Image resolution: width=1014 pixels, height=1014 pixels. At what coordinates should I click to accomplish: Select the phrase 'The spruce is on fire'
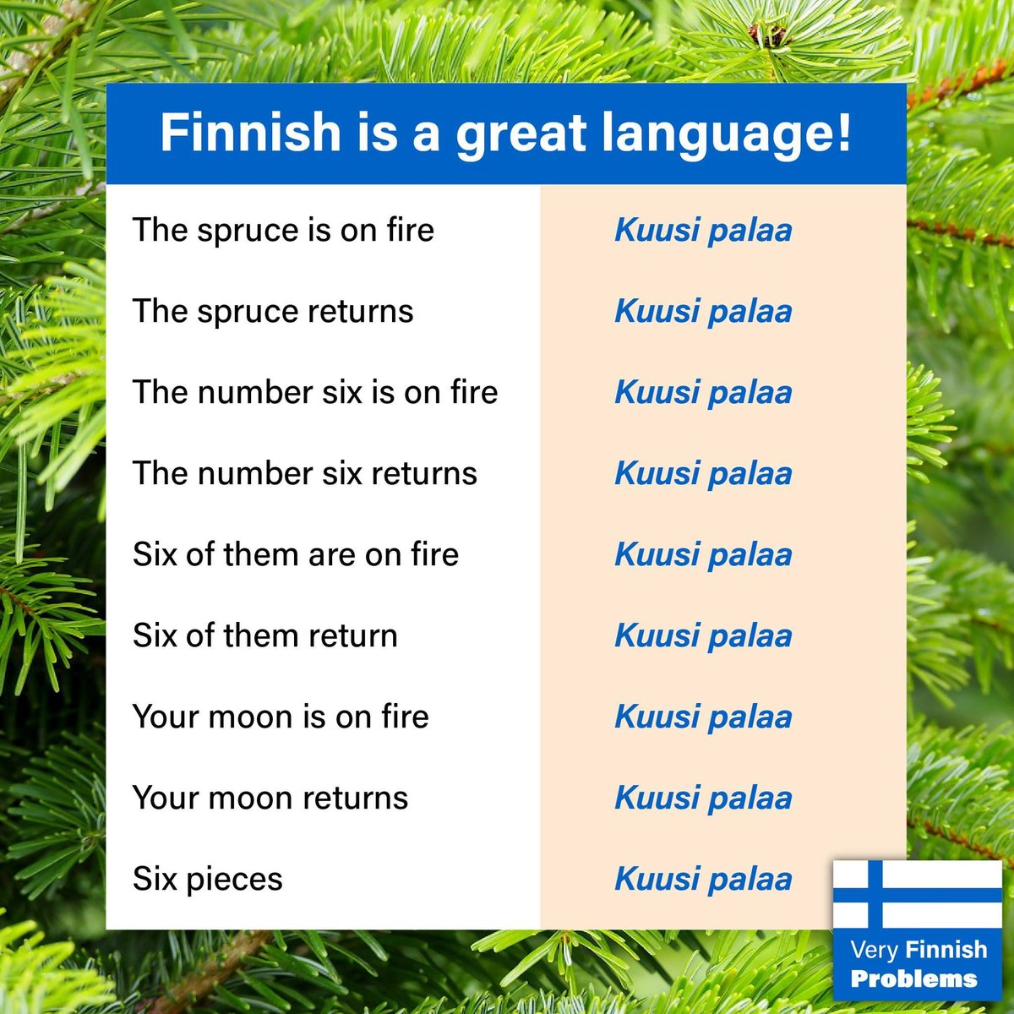(283, 230)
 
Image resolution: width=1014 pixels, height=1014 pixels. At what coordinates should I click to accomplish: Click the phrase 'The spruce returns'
(273, 311)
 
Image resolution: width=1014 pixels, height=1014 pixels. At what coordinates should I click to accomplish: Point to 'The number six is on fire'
(315, 392)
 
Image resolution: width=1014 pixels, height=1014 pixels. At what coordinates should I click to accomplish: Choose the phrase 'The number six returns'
(305, 473)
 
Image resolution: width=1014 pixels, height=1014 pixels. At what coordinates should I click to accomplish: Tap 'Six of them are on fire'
(296, 554)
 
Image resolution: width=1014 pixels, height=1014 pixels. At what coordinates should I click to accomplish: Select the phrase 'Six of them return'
(265, 635)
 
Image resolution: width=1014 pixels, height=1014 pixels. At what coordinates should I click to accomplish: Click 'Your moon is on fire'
(281, 717)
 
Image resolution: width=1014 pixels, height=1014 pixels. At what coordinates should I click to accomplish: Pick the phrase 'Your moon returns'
(270, 798)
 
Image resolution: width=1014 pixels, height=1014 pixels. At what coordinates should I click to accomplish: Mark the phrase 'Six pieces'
(208, 879)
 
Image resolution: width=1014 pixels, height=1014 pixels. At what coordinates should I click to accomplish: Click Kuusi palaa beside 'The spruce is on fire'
(703, 230)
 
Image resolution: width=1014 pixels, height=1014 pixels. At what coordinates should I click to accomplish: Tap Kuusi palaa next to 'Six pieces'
(703, 879)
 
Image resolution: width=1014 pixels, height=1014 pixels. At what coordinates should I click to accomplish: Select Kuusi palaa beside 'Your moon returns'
(703, 798)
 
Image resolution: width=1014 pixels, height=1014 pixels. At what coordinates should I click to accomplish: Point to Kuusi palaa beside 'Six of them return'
(703, 635)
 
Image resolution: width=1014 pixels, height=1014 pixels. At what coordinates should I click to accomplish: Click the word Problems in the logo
(913, 979)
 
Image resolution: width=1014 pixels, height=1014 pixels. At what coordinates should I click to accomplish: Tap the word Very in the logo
(875, 950)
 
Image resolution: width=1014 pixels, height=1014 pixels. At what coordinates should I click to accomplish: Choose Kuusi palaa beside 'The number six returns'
(703, 473)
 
